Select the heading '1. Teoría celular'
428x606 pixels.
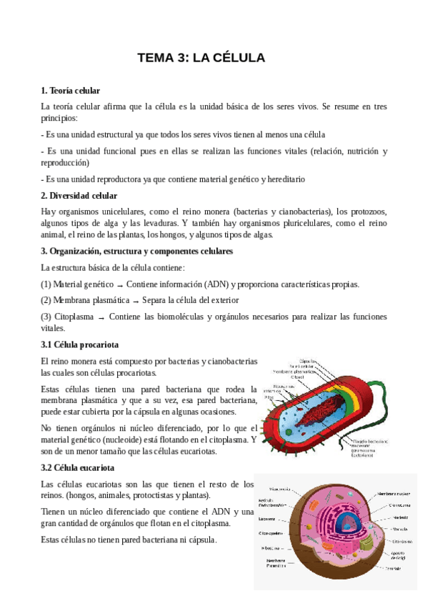tap(71, 91)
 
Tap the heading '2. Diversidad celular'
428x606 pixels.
tap(79, 196)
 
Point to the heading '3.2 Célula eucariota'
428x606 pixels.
tap(78, 468)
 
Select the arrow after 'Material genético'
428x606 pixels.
tap(120, 285)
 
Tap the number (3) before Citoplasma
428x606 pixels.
tap(46, 317)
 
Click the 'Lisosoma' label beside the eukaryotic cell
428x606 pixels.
tap(269, 519)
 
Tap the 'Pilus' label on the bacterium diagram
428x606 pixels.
tap(269, 398)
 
